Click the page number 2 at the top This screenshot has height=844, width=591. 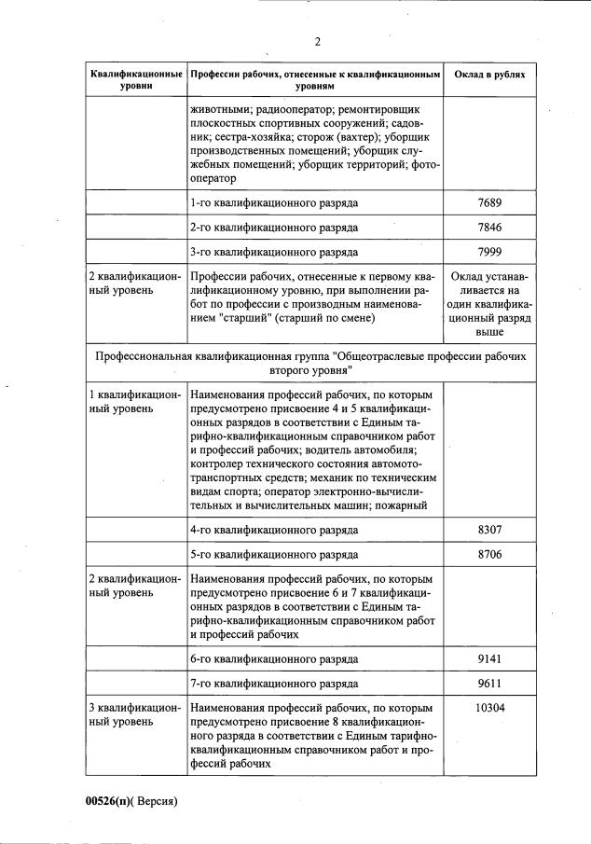tap(317, 41)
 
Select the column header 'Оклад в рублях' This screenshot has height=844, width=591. tap(489, 74)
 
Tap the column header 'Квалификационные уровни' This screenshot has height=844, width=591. tap(136, 79)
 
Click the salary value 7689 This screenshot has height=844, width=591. tap(489, 202)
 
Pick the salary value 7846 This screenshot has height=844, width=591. tap(489, 227)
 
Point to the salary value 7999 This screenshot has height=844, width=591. tap(489, 252)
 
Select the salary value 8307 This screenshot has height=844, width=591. tap(489, 530)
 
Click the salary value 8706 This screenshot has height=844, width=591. tap(489, 554)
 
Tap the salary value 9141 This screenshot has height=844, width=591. tap(489, 658)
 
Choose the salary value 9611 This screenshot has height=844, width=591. tap(489, 684)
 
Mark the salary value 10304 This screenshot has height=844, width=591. tap(489, 708)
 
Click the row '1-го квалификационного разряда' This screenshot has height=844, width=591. tap(274, 202)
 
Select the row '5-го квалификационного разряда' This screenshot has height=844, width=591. tap(274, 554)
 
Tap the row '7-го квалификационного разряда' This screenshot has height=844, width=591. tap(274, 684)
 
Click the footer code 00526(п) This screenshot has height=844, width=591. tap(110, 800)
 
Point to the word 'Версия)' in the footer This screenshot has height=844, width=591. tap(157, 800)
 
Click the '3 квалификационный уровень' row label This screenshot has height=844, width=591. tap(131, 714)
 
